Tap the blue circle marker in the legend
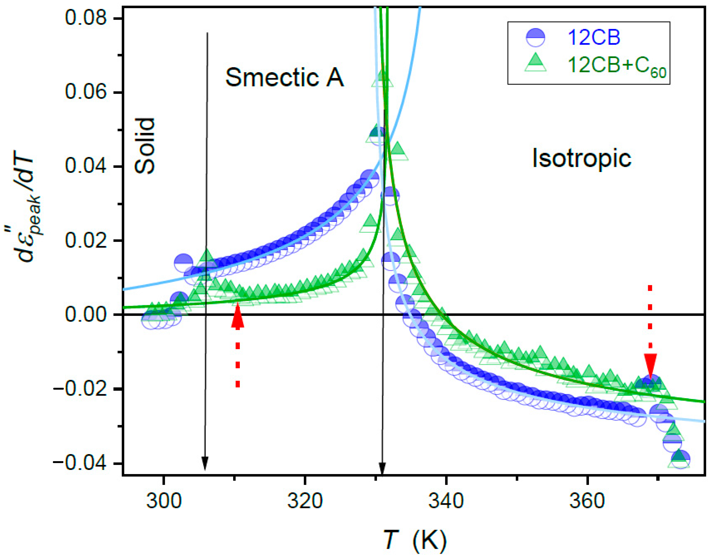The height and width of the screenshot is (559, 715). click(536, 38)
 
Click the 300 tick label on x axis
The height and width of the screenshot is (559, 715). click(163, 501)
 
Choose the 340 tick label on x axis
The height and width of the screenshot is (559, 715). click(446, 501)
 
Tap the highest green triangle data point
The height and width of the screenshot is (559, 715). click(382, 79)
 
